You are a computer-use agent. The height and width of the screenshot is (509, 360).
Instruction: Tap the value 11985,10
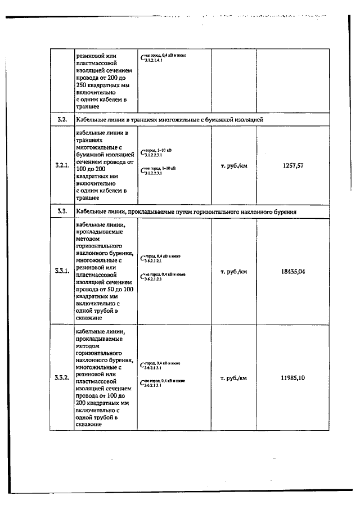pyautogui.click(x=293, y=377)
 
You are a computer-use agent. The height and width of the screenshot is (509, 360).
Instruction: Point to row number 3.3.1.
pyautogui.click(x=62, y=271)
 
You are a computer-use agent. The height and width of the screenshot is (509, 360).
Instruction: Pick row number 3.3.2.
pyautogui.click(x=62, y=377)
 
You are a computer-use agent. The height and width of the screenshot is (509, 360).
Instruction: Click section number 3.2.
pyautogui.click(x=62, y=120)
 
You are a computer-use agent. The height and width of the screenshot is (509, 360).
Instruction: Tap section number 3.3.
pyautogui.click(x=62, y=211)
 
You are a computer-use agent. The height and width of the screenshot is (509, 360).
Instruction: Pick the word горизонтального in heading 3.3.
pyautogui.click(x=217, y=211)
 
